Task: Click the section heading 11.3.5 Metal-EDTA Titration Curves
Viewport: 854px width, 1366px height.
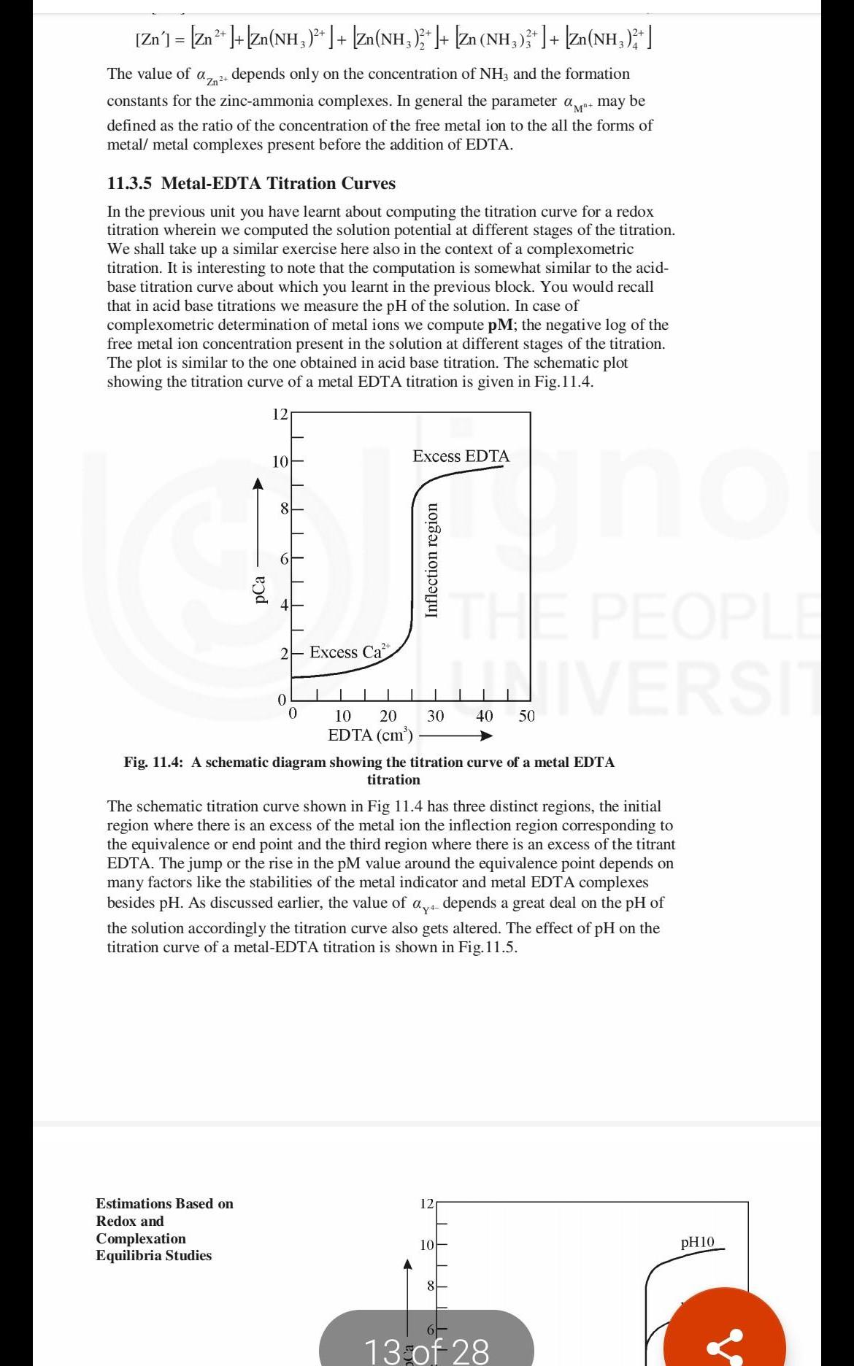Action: point(251,184)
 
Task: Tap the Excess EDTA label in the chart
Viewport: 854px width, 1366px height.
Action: point(461,457)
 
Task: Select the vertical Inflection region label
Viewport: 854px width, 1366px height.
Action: point(432,560)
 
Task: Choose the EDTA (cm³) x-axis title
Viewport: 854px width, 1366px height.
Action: point(371,736)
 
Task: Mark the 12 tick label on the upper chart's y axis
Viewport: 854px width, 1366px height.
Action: point(280,414)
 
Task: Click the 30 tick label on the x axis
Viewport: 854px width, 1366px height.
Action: point(435,716)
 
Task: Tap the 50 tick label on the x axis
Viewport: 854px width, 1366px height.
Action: point(526,716)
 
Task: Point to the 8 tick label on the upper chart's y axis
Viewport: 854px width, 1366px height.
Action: point(285,508)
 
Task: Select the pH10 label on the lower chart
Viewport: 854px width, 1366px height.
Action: point(698,1242)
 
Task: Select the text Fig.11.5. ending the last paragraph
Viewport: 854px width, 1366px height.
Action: point(488,948)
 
